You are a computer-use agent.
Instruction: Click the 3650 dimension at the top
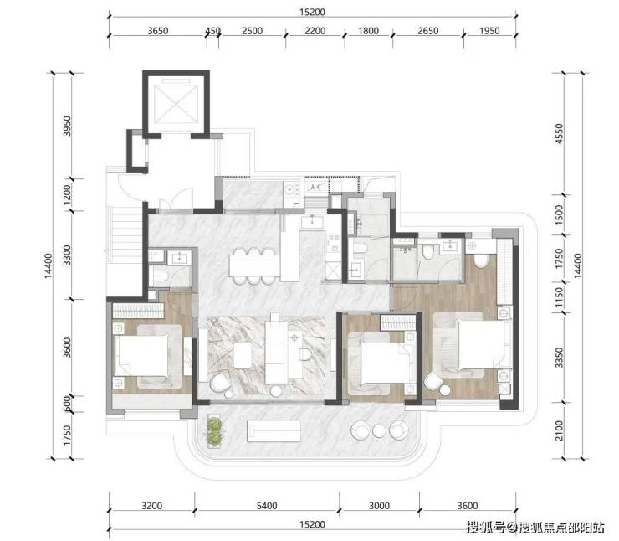[158, 31]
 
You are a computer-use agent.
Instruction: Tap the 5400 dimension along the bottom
[267, 506]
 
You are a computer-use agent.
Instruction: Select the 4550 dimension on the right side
[559, 133]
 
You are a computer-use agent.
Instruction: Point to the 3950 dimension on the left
[67, 126]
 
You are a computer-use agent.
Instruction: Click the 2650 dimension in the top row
[428, 31]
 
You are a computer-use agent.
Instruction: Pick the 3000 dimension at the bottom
[379, 506]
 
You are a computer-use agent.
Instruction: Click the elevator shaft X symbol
[176, 105]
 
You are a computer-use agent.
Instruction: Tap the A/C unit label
[316, 187]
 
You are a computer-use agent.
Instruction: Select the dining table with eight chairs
[254, 265]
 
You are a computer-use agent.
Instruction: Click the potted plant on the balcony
[214, 432]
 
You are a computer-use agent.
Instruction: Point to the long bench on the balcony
[274, 430]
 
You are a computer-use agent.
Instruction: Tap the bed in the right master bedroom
[470, 344]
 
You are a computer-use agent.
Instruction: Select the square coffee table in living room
[242, 355]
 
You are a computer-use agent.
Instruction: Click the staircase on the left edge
[125, 241]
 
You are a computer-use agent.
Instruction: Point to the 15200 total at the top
[312, 13]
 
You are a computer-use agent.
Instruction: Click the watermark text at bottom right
[535, 527]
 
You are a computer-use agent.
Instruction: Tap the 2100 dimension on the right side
[559, 430]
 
